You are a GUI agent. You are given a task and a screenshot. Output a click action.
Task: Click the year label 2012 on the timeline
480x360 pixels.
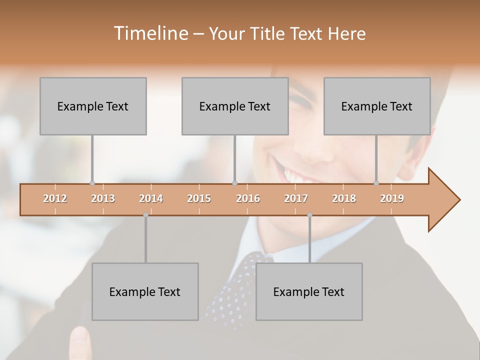tap(55, 198)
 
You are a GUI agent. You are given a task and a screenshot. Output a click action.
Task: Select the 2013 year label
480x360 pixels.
tap(103, 198)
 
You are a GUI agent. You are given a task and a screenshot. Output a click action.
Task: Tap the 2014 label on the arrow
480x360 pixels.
tap(151, 198)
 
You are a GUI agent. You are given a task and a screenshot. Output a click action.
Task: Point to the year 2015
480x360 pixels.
tap(199, 198)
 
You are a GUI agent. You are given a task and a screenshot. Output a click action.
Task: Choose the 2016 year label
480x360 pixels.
tap(248, 198)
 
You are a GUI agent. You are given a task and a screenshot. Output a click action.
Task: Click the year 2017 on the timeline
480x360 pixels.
tap(296, 198)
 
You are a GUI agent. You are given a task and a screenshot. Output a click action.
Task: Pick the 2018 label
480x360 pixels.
tap(344, 198)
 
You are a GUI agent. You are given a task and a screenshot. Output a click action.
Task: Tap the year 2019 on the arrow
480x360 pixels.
tap(392, 198)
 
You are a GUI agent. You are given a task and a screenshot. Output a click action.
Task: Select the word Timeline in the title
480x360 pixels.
tap(150, 33)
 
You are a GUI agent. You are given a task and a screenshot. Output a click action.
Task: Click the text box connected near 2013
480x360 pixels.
tap(93, 106)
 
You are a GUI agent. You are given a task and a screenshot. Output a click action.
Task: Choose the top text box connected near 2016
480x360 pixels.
tap(235, 106)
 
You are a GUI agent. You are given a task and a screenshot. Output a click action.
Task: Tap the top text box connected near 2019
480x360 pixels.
tap(377, 106)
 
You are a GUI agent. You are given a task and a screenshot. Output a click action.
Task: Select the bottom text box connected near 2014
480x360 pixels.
tap(145, 291)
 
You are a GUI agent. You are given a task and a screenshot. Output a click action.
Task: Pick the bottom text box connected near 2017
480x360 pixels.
tap(309, 291)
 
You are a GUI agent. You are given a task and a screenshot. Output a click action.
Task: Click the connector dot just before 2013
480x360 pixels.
tap(92, 183)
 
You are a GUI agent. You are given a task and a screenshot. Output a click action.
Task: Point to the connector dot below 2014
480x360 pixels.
tap(145, 215)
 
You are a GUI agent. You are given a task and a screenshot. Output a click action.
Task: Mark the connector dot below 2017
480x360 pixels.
tap(309, 215)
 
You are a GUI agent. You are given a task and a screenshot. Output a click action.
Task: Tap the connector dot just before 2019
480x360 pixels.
tap(376, 183)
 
